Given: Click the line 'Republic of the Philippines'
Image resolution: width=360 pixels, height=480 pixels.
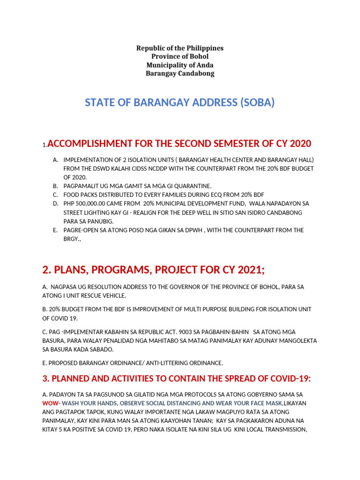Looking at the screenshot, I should (x=180, y=48).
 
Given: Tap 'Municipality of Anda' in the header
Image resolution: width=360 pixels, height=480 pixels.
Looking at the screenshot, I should (x=180, y=65).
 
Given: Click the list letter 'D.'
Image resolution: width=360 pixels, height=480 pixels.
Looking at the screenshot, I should (x=55, y=204).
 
